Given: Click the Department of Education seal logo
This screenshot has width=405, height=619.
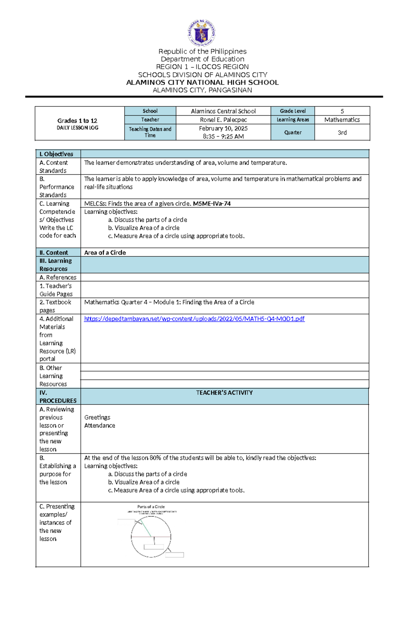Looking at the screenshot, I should [x=201, y=33].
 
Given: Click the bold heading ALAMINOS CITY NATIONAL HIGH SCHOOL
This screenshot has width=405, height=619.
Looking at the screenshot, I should [x=202, y=83].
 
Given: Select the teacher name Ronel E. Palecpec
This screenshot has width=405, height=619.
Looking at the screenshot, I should [x=223, y=120].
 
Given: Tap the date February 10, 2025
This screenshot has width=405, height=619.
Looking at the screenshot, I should [x=223, y=129].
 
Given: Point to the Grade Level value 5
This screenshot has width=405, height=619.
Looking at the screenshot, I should [x=342, y=111].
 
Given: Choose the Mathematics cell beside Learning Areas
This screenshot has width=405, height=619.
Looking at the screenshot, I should [x=342, y=120].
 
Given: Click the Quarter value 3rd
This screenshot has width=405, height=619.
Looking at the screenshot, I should [x=342, y=133].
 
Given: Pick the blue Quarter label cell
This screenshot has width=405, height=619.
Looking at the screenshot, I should [x=293, y=133].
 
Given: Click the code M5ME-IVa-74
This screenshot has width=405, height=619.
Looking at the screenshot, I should [x=212, y=203].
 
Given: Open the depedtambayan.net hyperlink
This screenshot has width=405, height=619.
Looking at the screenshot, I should [x=194, y=319].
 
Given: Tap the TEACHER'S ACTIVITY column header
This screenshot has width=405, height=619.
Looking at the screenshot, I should [x=224, y=393].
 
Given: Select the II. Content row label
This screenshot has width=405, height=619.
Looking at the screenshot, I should [x=54, y=253].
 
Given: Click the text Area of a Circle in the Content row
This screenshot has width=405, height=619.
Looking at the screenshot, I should [x=105, y=253].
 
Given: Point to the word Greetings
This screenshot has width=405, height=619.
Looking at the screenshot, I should [x=97, y=417].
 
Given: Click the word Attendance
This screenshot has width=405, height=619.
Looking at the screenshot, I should [x=100, y=425].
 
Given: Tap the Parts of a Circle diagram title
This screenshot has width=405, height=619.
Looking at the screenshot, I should [x=151, y=507].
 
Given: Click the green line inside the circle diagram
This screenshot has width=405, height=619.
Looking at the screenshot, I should [x=146, y=528].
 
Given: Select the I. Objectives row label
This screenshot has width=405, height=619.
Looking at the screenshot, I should [x=56, y=154].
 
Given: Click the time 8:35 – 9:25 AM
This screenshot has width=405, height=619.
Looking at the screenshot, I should [x=223, y=137].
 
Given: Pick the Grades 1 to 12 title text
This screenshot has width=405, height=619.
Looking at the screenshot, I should [x=77, y=121].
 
